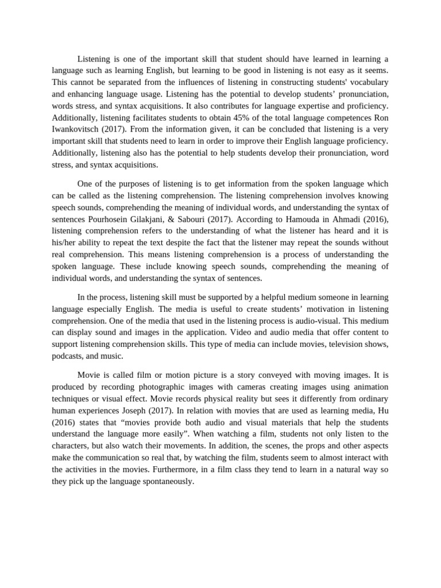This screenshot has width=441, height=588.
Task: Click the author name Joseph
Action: click(154, 410)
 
